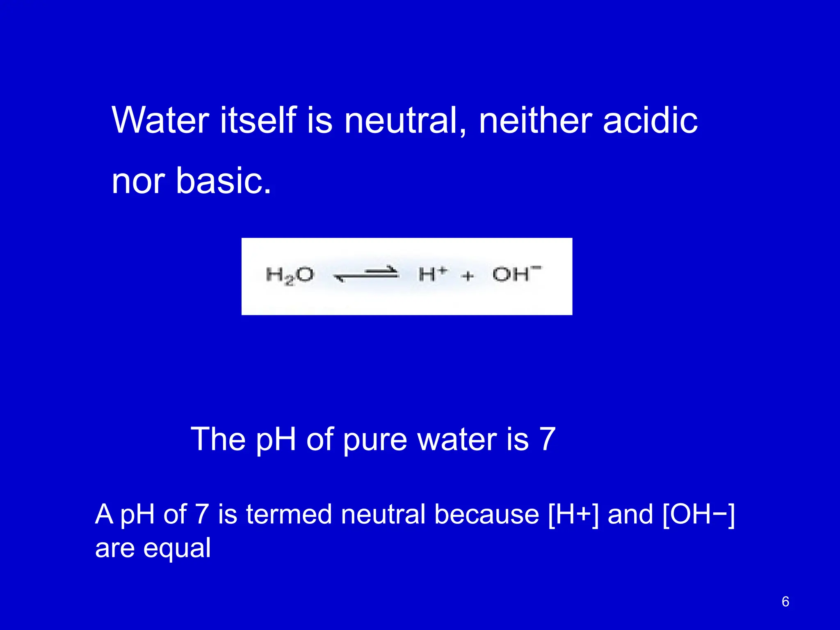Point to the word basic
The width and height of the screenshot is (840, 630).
click(223, 181)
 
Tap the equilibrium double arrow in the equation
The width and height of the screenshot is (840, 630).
click(366, 274)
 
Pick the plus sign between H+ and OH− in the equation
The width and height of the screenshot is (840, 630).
click(468, 276)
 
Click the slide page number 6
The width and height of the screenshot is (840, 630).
click(785, 602)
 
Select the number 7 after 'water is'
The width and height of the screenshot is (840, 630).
click(548, 439)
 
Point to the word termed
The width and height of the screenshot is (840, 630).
click(289, 514)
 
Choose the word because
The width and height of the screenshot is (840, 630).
click(486, 514)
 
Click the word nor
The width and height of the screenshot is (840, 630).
click(138, 182)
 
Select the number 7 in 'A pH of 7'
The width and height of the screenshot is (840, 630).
click(202, 514)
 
